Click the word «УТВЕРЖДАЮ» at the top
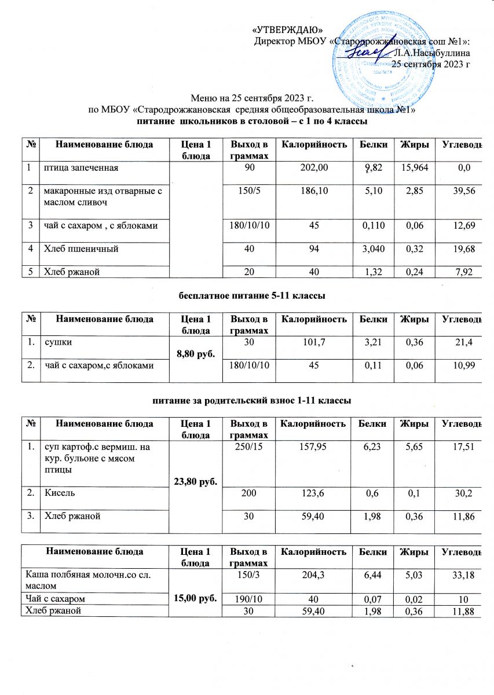(x=288, y=30)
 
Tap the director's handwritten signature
(x=371, y=54)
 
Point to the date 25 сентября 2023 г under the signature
(x=431, y=64)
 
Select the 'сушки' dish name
(x=56, y=342)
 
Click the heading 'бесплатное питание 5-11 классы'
(x=250, y=296)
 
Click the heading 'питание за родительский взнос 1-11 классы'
(x=250, y=400)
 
